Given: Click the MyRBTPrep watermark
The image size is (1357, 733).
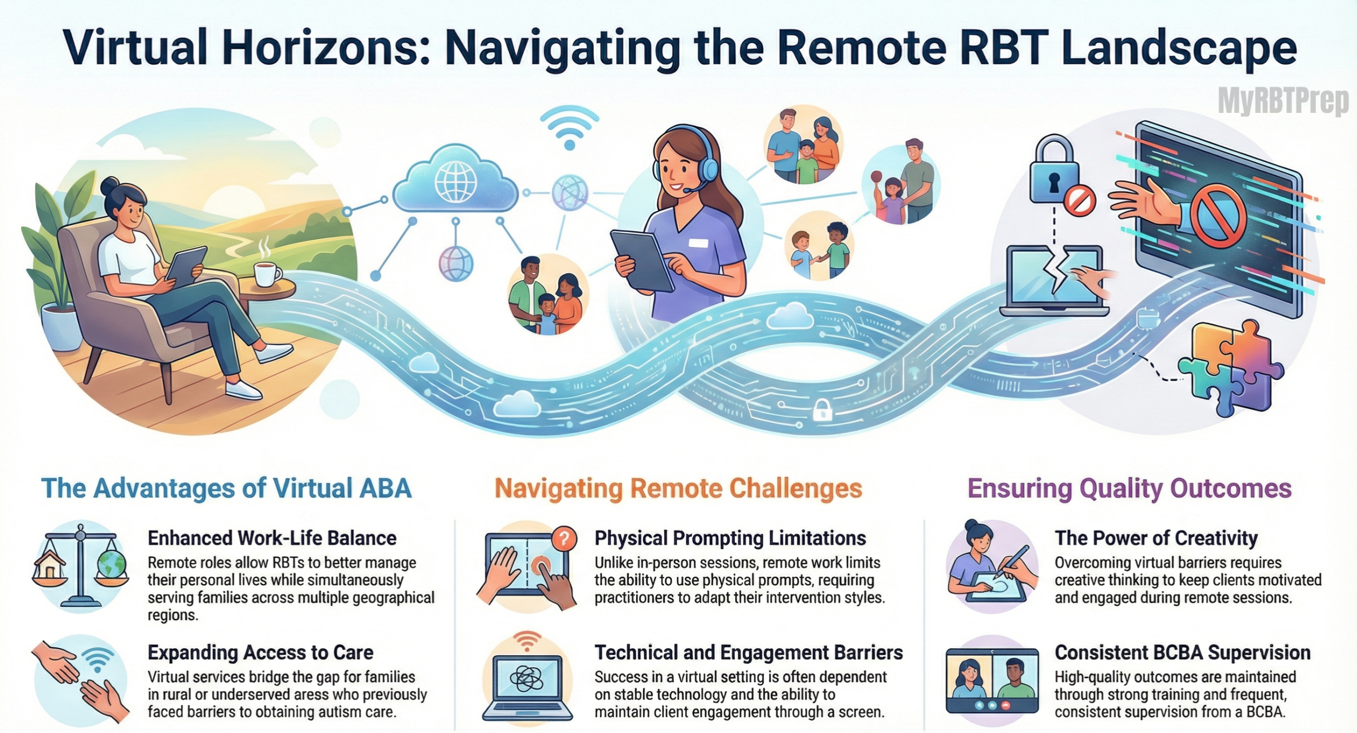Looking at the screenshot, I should click(x=1283, y=102).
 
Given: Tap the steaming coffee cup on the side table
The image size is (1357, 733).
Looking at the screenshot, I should click(x=267, y=272).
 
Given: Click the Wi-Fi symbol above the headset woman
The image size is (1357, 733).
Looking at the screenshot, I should click(x=569, y=128).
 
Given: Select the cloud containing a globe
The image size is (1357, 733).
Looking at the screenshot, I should click(x=455, y=180).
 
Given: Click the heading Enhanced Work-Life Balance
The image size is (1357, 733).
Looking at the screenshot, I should click(x=272, y=538).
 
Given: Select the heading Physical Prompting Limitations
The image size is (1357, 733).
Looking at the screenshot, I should click(x=730, y=538).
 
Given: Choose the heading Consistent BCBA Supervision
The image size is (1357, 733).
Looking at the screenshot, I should click(x=1182, y=652).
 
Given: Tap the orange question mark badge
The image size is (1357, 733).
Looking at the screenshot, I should click(x=563, y=540).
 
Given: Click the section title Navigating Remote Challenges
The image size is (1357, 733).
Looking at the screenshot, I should click(x=678, y=489).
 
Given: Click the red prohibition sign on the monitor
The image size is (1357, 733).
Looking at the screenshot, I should click(x=1218, y=216).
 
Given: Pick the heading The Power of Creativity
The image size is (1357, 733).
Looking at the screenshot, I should click(x=1156, y=538).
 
